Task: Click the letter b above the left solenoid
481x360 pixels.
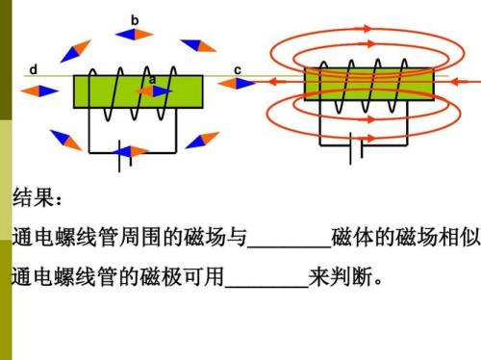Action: click(x=135, y=18)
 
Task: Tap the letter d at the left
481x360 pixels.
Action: click(x=33, y=69)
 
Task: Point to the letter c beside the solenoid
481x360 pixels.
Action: click(x=237, y=69)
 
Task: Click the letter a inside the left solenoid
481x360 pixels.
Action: click(x=151, y=79)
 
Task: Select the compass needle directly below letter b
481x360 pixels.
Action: click(x=134, y=34)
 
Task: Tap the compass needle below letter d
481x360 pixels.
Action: click(x=38, y=90)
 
